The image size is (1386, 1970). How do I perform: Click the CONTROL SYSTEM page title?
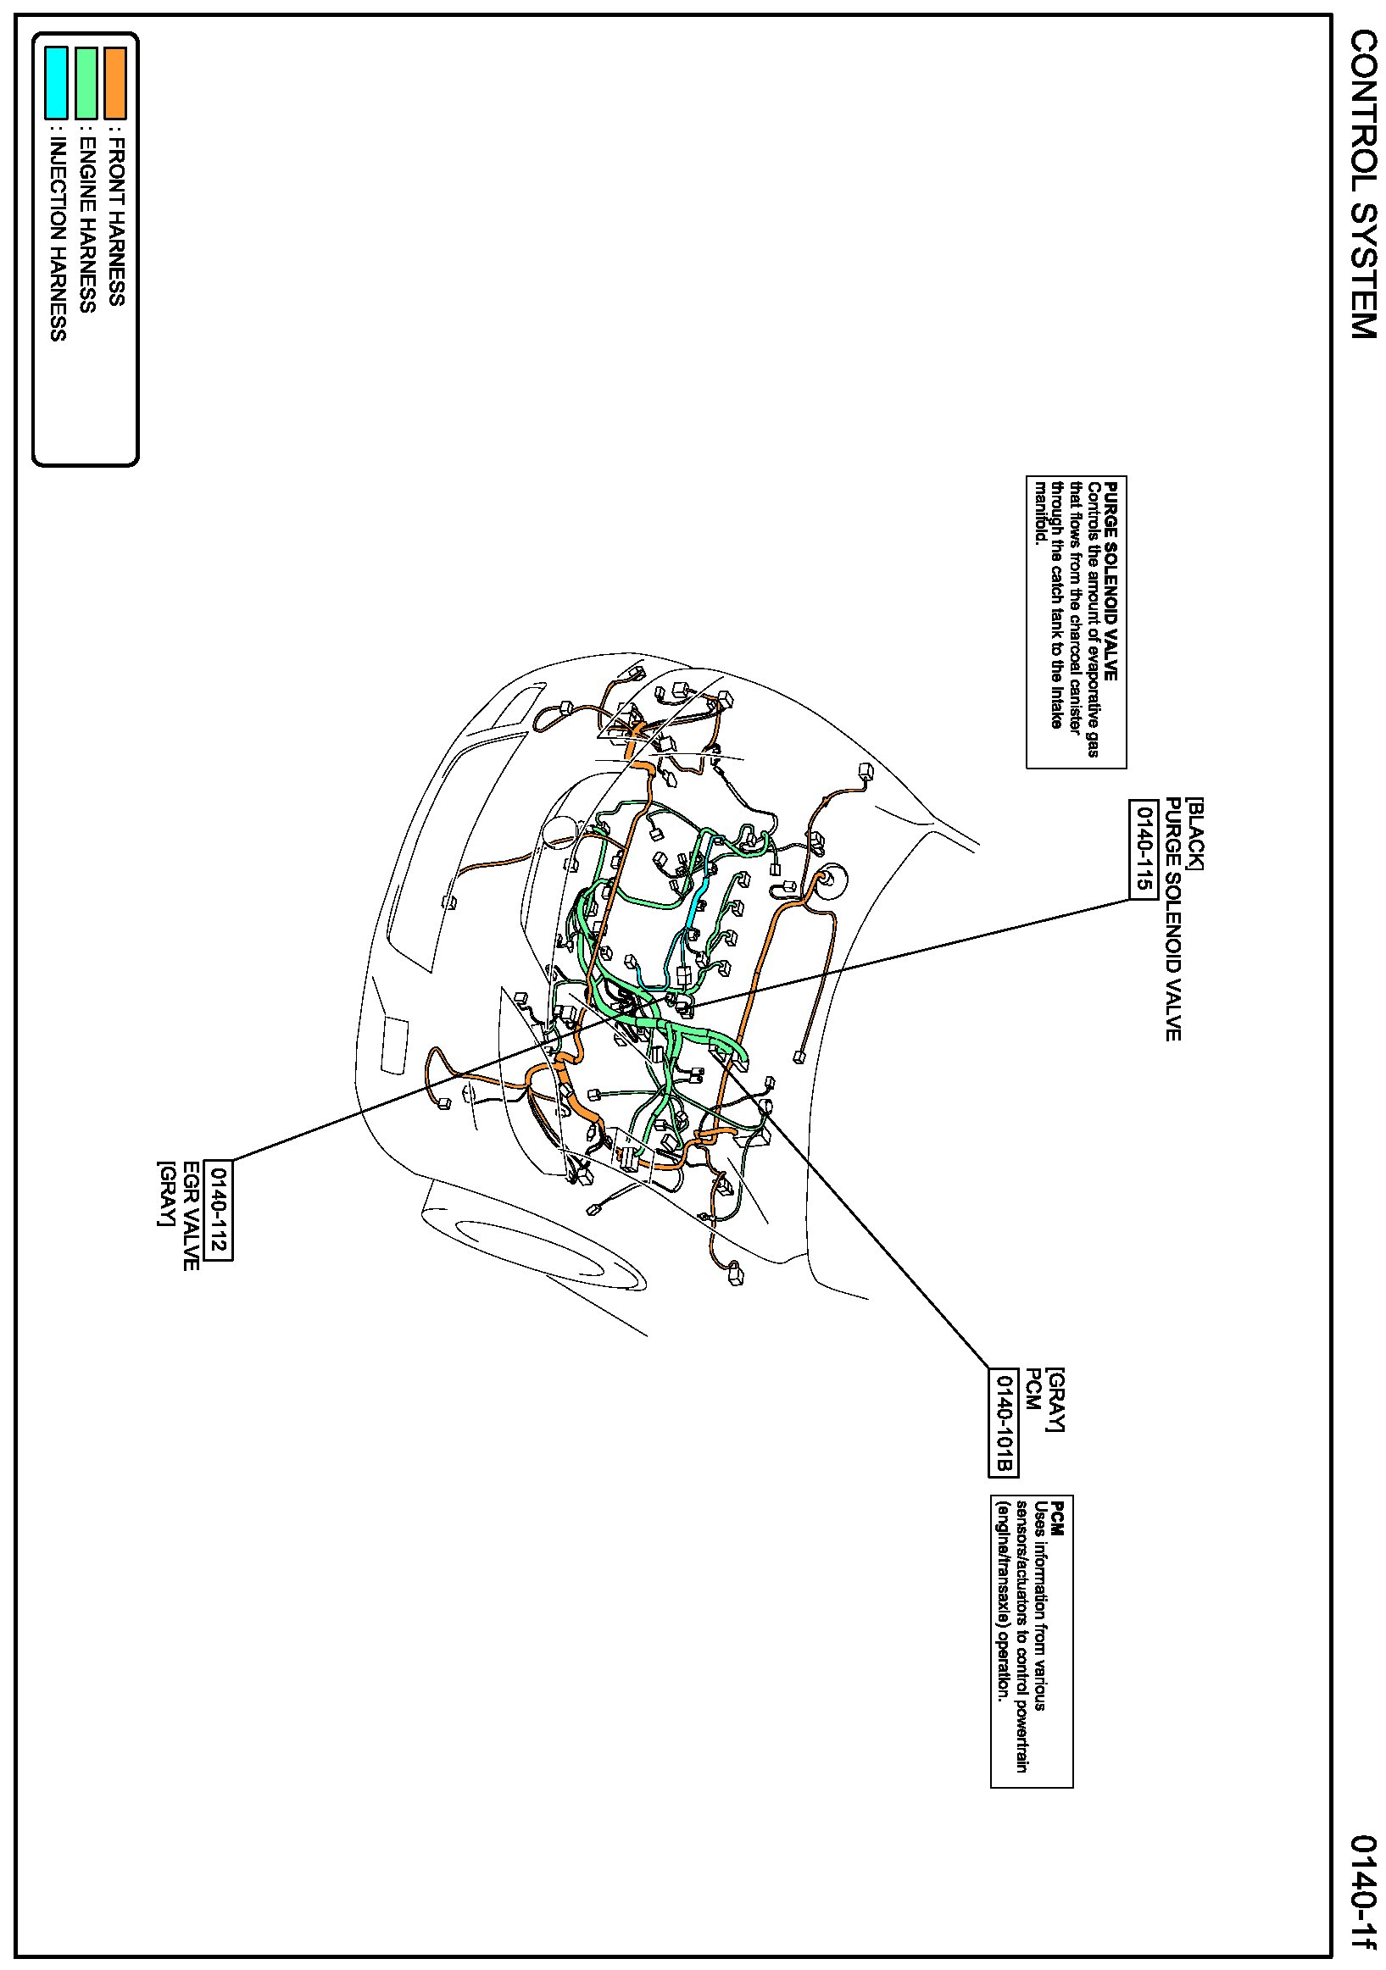(x=1363, y=185)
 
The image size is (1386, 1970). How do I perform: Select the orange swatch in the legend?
(x=115, y=82)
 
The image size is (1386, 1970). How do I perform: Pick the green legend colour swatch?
(x=86, y=82)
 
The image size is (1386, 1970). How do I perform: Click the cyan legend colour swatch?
(x=56, y=82)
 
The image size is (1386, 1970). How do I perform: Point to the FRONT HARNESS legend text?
(x=117, y=218)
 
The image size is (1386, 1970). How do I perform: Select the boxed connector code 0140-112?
(x=218, y=1210)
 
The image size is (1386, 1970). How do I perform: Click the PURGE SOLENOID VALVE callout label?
(x=1172, y=919)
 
